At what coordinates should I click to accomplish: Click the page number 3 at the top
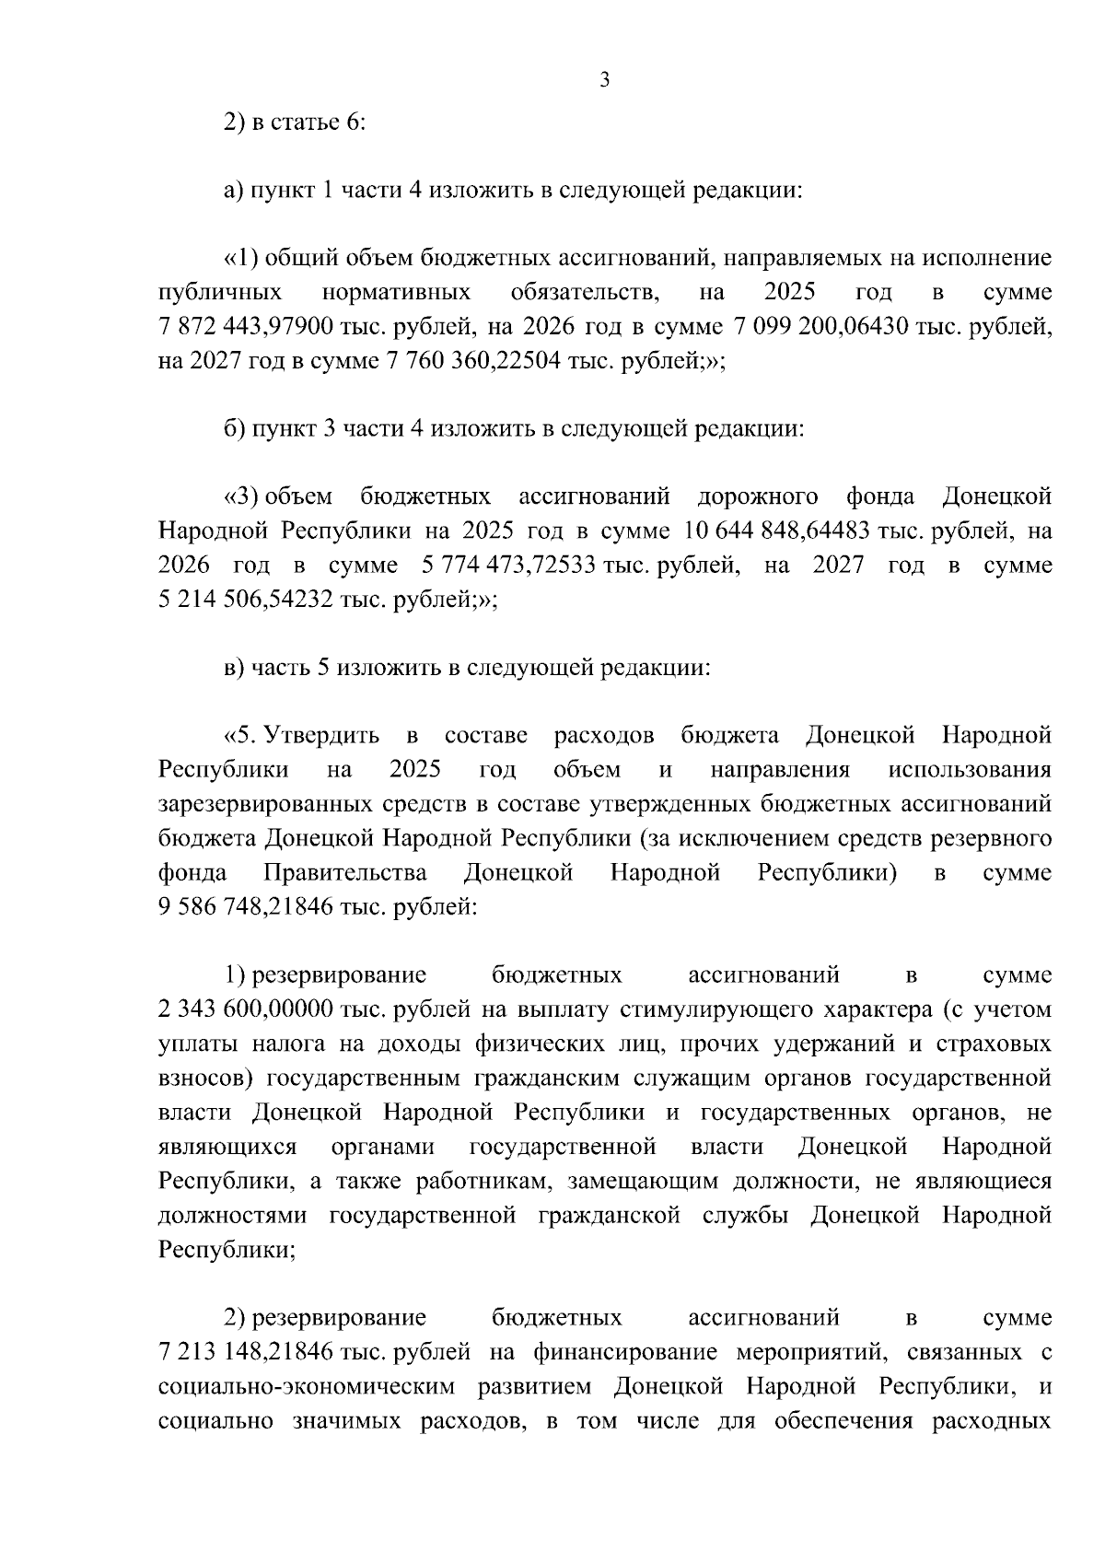tap(604, 81)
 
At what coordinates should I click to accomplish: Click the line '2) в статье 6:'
tap(296, 122)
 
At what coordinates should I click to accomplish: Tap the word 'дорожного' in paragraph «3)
tap(758, 497)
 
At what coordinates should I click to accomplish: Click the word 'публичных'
tap(220, 293)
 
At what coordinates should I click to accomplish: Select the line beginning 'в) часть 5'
tap(468, 668)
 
